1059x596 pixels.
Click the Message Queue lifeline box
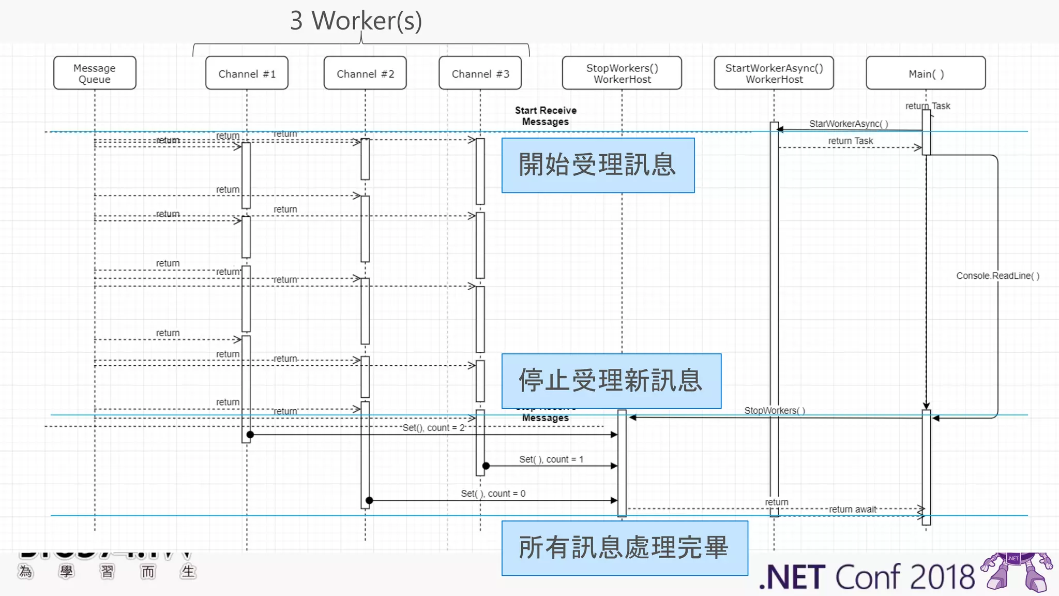(95, 73)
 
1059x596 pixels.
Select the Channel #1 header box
(247, 73)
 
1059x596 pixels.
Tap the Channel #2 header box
(365, 73)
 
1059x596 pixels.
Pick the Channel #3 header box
(480, 73)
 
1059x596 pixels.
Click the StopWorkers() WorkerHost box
(622, 73)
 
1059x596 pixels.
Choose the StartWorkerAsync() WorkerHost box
(774, 73)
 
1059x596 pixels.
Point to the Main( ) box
(926, 73)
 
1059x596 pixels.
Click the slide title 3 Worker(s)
(356, 21)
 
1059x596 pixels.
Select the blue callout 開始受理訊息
(598, 165)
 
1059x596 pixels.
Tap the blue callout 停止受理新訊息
(611, 381)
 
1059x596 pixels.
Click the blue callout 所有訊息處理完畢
(624, 548)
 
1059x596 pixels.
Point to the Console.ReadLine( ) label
(997, 276)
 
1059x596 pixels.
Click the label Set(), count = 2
(433, 428)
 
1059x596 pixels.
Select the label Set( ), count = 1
(551, 459)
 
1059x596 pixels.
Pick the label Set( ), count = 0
(493, 494)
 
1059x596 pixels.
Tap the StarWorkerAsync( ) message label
(849, 124)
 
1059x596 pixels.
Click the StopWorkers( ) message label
(775, 410)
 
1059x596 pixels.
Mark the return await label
(853, 509)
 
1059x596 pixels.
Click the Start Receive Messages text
(546, 116)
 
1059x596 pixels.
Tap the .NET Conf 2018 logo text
(867, 577)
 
